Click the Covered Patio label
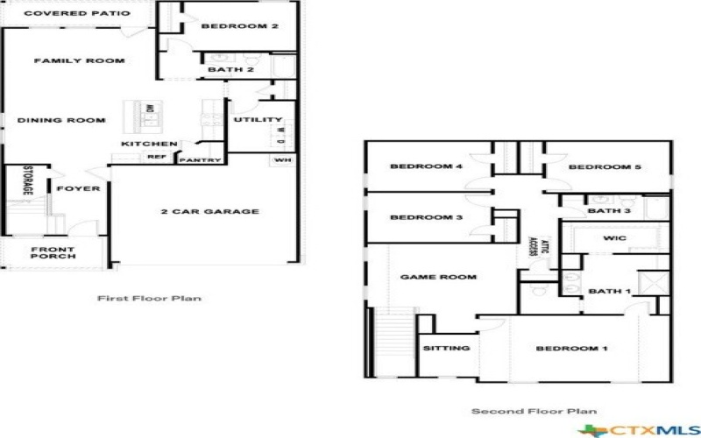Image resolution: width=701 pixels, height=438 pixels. coord(77,14)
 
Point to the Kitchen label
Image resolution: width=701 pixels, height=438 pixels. coord(150,144)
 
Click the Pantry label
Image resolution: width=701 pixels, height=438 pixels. coord(200,159)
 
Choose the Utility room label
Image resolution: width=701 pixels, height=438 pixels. coord(258,120)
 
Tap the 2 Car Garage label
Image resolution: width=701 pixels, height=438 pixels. coord(209,211)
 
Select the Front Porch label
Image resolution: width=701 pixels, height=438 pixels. coord(53,254)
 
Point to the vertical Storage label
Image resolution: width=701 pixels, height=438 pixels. coord(28,180)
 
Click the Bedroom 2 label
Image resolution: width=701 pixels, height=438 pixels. coord(239,26)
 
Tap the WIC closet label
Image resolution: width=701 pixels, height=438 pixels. coord(614,237)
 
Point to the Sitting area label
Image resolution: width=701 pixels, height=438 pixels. coord(446,348)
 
